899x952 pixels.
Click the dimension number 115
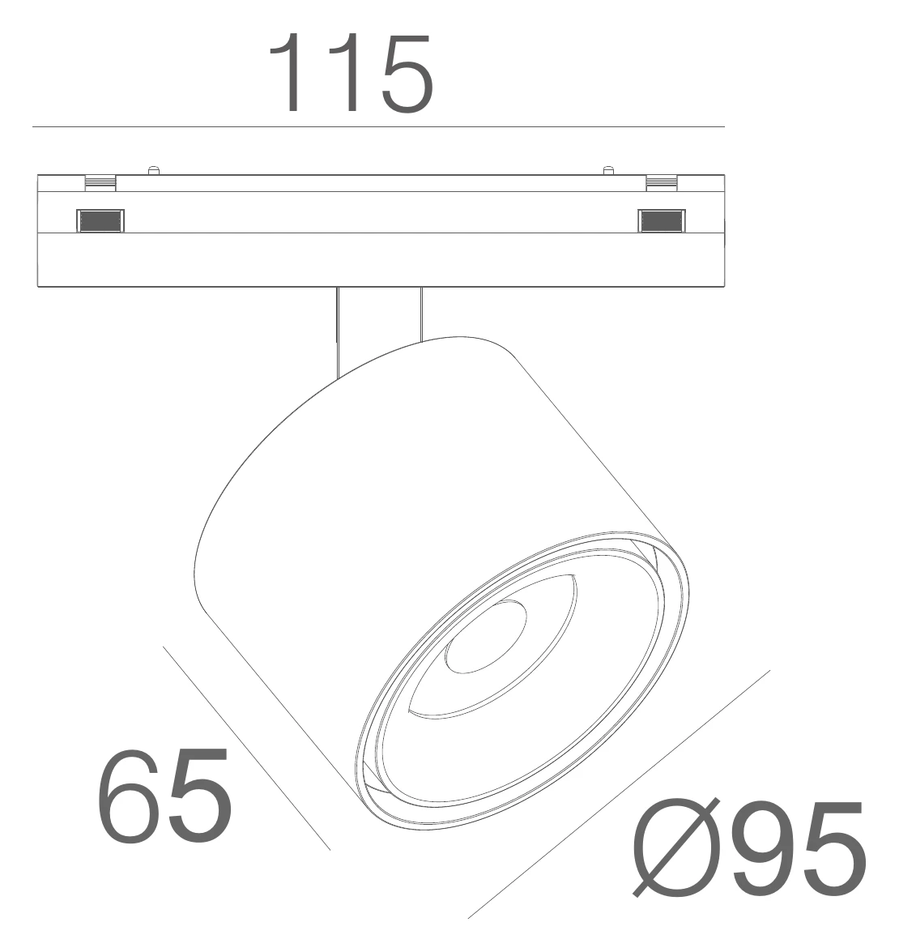click(351, 73)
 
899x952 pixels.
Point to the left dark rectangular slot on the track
click(100, 220)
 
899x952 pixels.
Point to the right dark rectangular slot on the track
click(662, 220)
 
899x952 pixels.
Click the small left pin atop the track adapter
click(154, 170)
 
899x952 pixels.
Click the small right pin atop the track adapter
click(608, 170)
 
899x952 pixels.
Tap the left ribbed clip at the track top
click(100, 183)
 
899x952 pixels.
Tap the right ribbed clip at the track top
click(662, 183)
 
